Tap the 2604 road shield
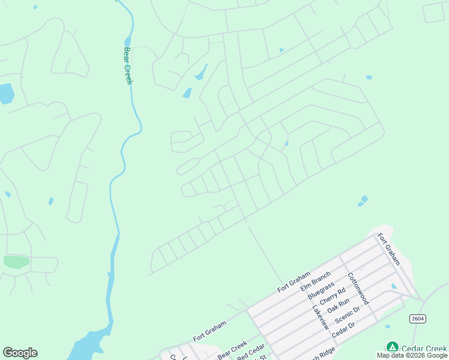pos(418,319)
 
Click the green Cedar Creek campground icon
pos(392,347)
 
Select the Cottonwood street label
pos(358,289)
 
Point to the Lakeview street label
pos(320,317)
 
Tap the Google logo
pos(20,353)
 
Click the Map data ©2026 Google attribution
pos(412,355)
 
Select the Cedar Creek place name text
pos(424,348)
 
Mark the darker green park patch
pos(16,262)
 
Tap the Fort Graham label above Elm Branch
pos(294,281)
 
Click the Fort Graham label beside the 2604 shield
pos(388,249)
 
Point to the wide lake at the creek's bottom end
pos(90,347)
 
